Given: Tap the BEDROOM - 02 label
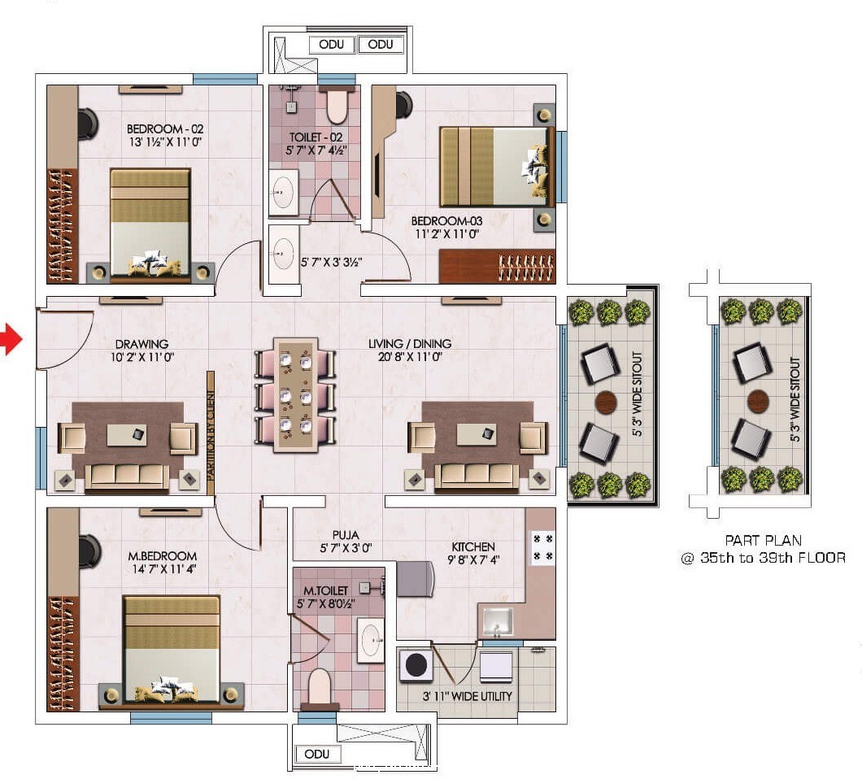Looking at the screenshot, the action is (165, 129).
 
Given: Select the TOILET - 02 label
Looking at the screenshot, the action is (316, 137).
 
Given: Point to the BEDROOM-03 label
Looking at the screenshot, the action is (446, 221).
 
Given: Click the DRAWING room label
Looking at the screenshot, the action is (141, 344).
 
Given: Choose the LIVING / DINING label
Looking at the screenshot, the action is (410, 344).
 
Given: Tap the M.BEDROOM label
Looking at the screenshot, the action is (162, 556).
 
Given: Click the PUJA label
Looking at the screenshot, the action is (346, 535).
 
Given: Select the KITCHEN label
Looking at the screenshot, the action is (473, 547).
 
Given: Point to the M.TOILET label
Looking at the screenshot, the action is (326, 590).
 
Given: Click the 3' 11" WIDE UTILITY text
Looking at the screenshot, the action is (468, 696).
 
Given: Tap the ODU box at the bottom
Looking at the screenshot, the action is (317, 754).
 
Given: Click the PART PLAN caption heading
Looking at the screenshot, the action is (764, 540).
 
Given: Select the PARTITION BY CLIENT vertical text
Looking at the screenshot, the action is (211, 427).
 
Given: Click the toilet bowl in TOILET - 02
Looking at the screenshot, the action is (337, 106).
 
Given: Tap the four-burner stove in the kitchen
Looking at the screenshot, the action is (542, 548).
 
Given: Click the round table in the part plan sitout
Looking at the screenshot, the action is (758, 401).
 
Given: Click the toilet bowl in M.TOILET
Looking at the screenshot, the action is (319, 687).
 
